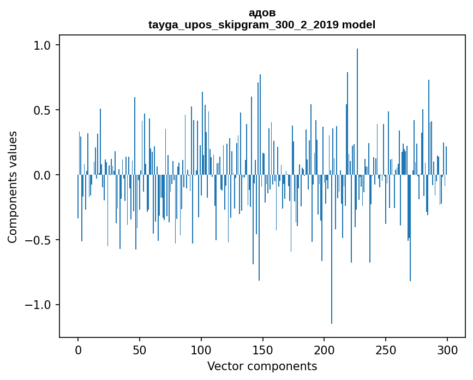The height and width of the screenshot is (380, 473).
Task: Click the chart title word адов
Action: [262, 13]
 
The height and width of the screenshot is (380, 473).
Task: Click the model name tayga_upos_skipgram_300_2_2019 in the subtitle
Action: [243, 25]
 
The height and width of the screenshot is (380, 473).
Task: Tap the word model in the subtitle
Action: [358, 25]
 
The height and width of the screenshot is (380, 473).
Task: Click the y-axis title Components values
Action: [13, 187]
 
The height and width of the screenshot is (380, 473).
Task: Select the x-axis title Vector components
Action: [262, 366]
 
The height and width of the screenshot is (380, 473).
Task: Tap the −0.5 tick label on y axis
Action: [39, 240]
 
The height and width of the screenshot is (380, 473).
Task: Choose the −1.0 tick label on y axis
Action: [39, 305]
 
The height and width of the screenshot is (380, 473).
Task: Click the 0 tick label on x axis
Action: [78, 350]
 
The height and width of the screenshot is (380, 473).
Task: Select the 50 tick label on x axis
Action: [139, 350]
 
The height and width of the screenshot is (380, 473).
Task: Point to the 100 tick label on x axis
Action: [201, 350]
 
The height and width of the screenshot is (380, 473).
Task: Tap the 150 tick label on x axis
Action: [262, 350]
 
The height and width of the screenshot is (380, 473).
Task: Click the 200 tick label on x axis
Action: [324, 350]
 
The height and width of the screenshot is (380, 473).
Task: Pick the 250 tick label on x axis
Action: [386, 350]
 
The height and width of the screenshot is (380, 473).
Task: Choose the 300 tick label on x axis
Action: [447, 350]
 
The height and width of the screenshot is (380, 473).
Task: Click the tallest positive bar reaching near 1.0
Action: [357, 112]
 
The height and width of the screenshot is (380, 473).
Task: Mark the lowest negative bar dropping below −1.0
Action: [332, 249]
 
